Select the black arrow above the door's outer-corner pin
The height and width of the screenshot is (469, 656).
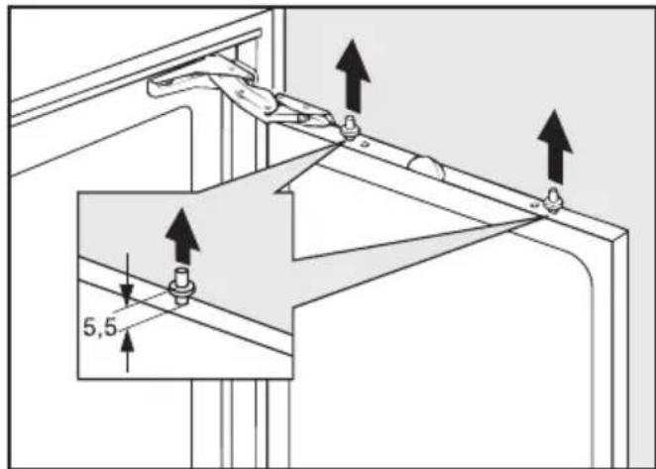pos(555,147)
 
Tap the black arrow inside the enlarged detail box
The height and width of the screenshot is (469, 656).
pos(182,237)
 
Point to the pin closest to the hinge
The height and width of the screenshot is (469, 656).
pos(349,128)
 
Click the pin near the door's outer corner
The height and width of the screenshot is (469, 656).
pos(553,200)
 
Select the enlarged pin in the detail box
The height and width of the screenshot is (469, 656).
pos(181,287)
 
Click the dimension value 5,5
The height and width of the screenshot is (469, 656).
pos(100,327)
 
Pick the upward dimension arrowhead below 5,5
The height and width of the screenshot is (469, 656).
pos(127,341)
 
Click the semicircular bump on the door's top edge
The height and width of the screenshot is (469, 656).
pos(427,168)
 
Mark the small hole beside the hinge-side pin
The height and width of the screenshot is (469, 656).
pos(365,144)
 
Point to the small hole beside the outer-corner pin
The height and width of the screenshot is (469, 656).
pos(533,205)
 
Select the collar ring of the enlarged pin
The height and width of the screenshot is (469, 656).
pos(181,288)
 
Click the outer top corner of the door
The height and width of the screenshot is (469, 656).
pos(627,230)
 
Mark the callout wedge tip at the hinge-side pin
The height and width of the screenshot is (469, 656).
pos(340,144)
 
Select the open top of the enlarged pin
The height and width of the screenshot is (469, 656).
pos(181,271)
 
